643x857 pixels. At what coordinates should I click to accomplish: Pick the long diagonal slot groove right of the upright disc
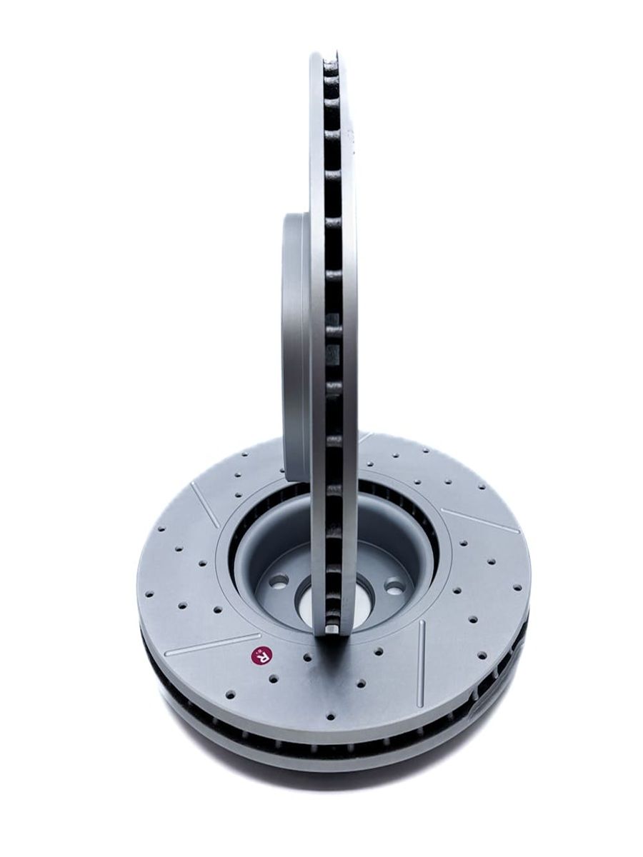coord(481,521)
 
